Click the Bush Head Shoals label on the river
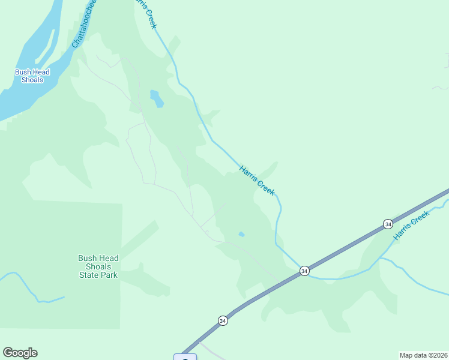pos(32,76)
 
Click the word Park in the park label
pos(109,275)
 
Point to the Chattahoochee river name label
pos(84,24)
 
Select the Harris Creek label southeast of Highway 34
pos(412,226)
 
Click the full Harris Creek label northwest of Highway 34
pos(257,181)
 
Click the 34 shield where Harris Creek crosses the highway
pos(304,271)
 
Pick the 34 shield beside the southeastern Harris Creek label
pos(388,224)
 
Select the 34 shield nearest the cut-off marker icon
pos(223,320)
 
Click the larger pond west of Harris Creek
pos(156,98)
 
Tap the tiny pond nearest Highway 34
pos(241,235)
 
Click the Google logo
pos(20,353)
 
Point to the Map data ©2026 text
pos(423,355)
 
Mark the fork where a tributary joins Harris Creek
pos(381,259)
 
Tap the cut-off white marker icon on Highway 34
pos(185,357)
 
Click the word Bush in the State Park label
pos(87,259)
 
